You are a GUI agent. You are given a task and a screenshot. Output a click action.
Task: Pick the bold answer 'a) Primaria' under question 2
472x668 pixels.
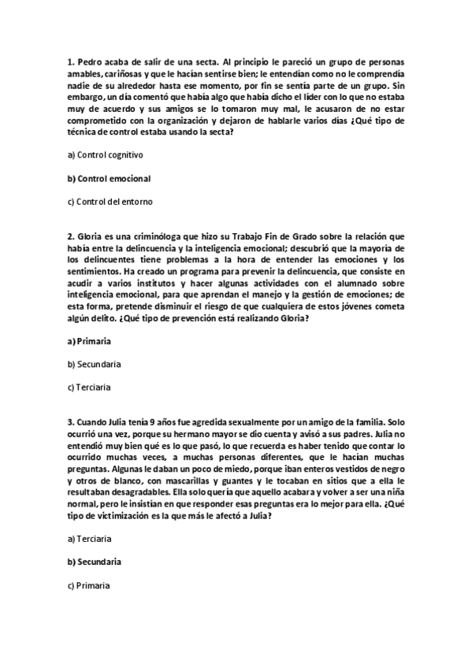tap(89, 342)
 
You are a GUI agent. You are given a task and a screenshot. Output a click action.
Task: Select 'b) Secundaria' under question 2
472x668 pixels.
tap(95, 365)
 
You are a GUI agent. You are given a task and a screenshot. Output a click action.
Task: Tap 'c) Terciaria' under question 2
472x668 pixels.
tap(89, 388)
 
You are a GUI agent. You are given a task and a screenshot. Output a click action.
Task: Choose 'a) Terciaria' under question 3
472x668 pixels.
tap(89, 540)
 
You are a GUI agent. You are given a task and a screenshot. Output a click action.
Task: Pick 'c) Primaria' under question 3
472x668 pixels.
tap(88, 586)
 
